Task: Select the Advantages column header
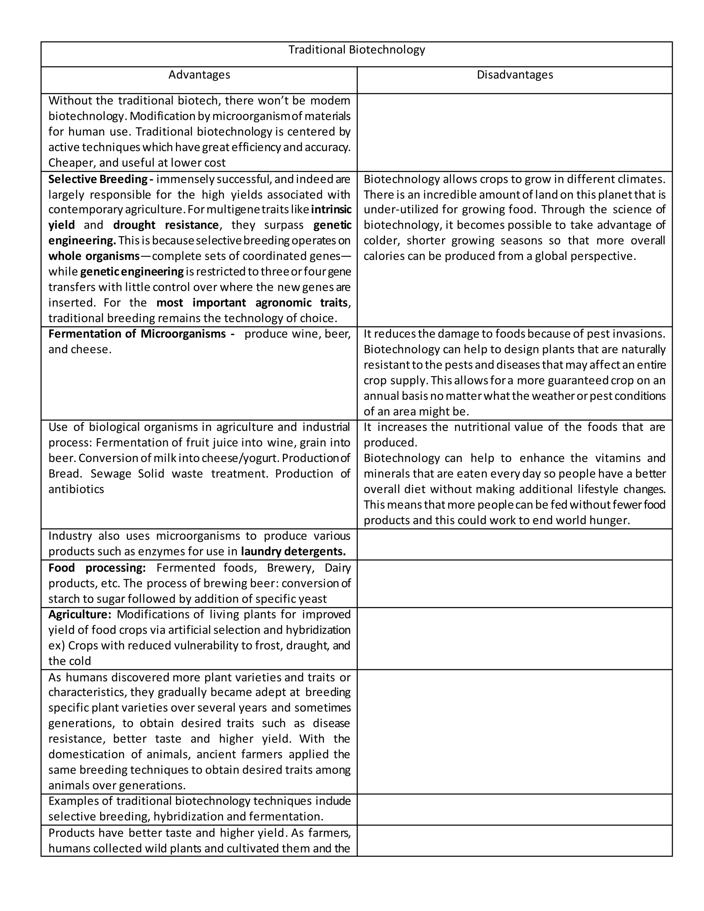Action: pos(199,75)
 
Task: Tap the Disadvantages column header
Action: pos(515,75)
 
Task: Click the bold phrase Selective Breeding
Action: pos(98,179)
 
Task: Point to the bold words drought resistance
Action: pos(166,225)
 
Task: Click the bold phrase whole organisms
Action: pos(94,256)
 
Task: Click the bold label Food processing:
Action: pos(97,568)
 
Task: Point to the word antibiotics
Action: pos(76,489)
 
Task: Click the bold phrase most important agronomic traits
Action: pos(252,303)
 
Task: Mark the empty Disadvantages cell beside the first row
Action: pos(515,132)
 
